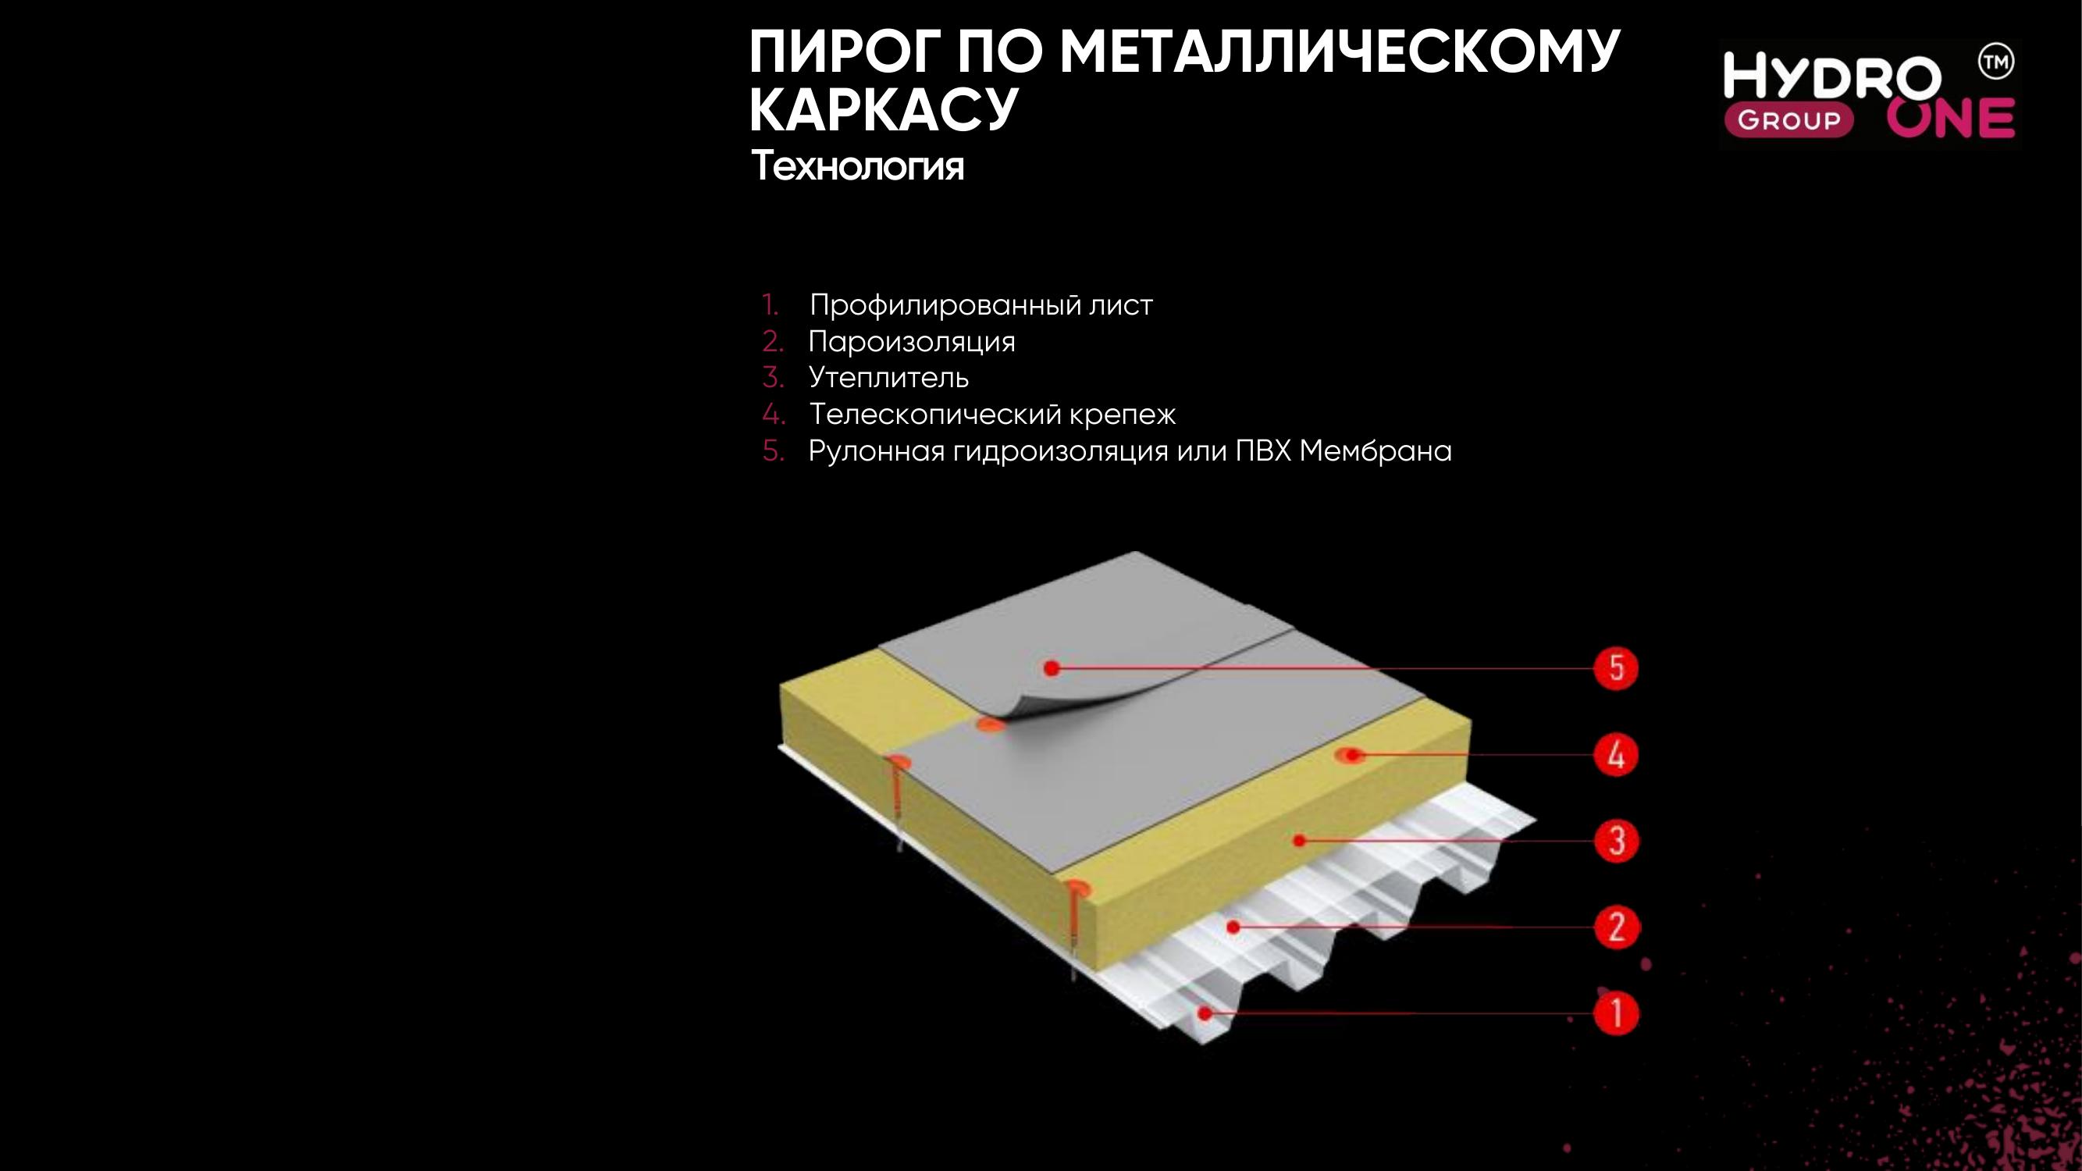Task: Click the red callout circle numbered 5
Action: (1616, 668)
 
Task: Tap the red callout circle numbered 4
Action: (1616, 755)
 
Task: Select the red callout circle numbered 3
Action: (1616, 841)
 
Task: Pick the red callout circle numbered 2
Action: (1616, 927)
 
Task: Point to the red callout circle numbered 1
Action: (1616, 1013)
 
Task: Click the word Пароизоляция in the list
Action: (911, 342)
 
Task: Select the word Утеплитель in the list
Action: (888, 377)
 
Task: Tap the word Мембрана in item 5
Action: (1375, 451)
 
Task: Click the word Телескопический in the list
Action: (934, 415)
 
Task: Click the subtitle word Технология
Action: (857, 166)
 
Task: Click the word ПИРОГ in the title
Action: (843, 52)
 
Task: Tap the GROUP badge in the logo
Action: (1788, 120)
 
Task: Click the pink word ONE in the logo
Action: (1950, 119)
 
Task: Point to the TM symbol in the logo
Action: (1995, 62)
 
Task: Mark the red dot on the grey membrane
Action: (1051, 667)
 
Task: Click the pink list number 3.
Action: (772, 377)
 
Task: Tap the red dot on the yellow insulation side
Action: (1299, 841)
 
